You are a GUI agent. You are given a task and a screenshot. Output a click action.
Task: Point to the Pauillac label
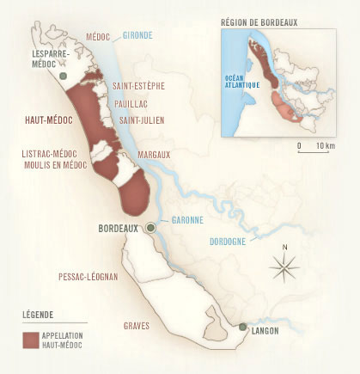coord(131,102)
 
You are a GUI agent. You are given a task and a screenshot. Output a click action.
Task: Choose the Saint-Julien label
coord(142,119)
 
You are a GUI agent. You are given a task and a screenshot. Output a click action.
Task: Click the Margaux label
coord(154,154)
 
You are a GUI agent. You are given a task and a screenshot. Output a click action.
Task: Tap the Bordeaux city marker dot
coord(150,227)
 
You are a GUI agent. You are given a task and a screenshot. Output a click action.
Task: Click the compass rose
coord(284,267)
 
